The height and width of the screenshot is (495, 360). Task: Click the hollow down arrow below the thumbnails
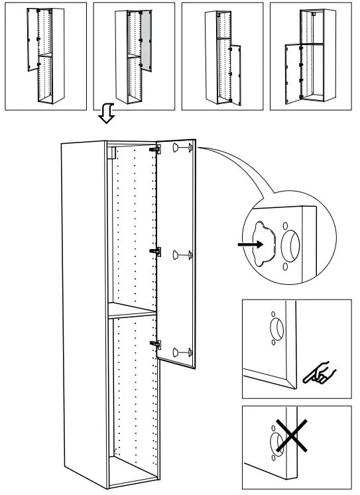(x=105, y=115)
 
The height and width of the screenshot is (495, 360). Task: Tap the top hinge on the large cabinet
(x=155, y=150)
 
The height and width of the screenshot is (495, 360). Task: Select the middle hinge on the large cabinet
(x=155, y=251)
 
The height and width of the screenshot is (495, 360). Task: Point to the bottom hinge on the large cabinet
(x=155, y=343)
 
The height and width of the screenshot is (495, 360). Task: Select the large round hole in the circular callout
(x=291, y=246)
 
